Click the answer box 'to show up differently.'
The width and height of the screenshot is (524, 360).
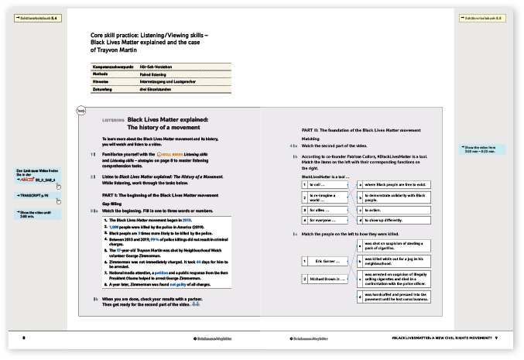click(x=387, y=221)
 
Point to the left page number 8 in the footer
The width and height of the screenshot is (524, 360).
click(x=25, y=338)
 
